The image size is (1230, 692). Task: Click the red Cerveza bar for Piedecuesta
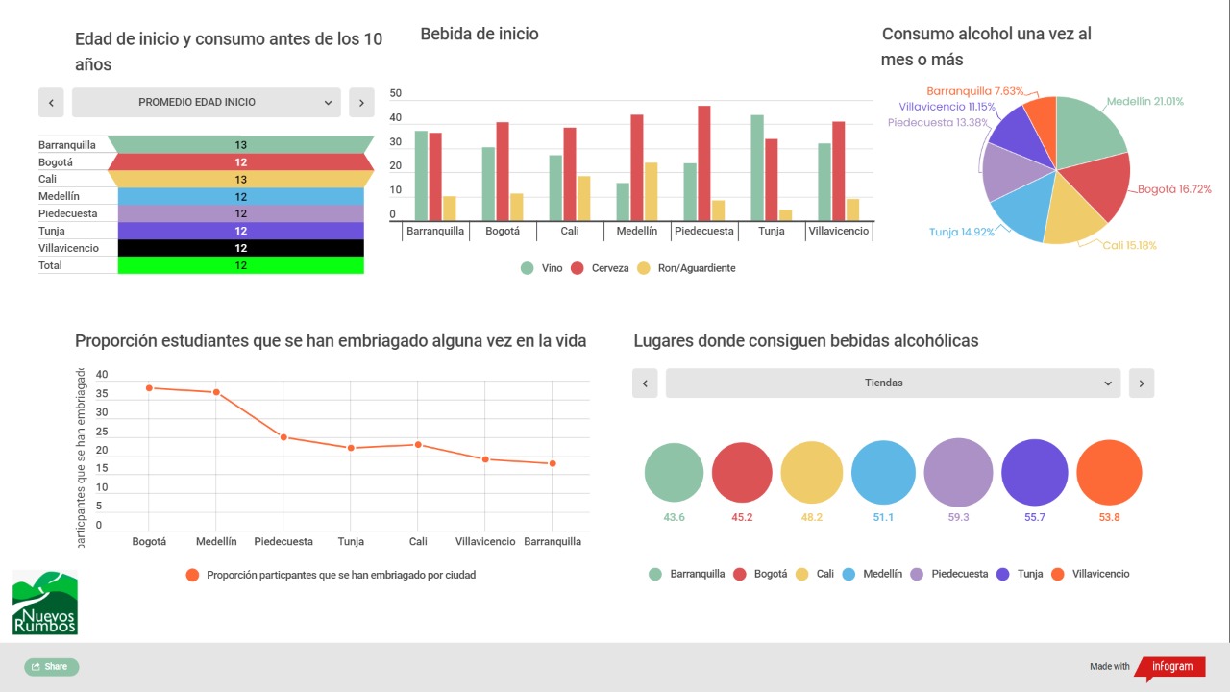[704, 163]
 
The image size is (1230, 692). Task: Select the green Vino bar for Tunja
[757, 168]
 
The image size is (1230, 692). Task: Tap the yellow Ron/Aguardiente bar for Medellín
[651, 191]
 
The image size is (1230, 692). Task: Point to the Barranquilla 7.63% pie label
[974, 90]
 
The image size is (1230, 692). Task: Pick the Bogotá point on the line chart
[149, 388]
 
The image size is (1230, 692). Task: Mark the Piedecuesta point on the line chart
[283, 437]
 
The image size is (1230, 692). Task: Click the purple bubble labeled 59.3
[958, 473]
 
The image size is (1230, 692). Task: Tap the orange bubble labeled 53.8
[1109, 473]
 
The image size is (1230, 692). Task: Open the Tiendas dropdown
[893, 383]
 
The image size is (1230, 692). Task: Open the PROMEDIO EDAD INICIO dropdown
[207, 102]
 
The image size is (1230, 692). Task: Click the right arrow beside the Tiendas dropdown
[1142, 383]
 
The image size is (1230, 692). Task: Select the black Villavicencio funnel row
[241, 248]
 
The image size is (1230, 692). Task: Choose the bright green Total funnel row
[241, 265]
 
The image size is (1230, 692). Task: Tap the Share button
[51, 666]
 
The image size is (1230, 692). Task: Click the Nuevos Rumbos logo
[45, 604]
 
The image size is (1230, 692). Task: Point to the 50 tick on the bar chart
[396, 94]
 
